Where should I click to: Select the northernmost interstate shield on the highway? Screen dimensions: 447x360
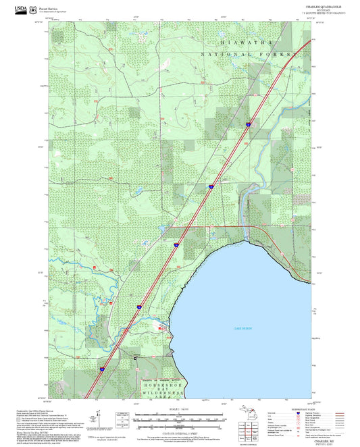click(249, 124)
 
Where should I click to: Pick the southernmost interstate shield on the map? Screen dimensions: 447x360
click(103, 369)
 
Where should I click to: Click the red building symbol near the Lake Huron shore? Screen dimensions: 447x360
click(161, 327)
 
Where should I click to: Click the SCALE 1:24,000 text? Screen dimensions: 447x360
click(179, 409)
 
